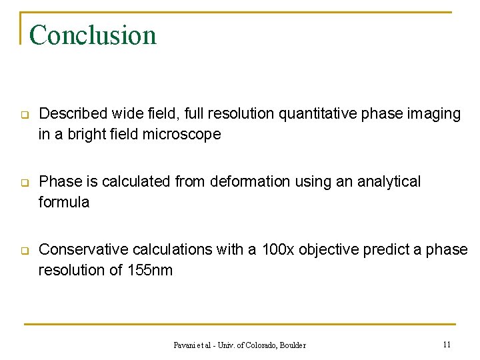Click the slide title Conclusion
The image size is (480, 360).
tap(93, 35)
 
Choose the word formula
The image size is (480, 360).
tap(63, 202)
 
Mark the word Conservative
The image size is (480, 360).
tap(82, 249)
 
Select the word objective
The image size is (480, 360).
tap(331, 249)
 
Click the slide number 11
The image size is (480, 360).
tap(447, 344)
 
